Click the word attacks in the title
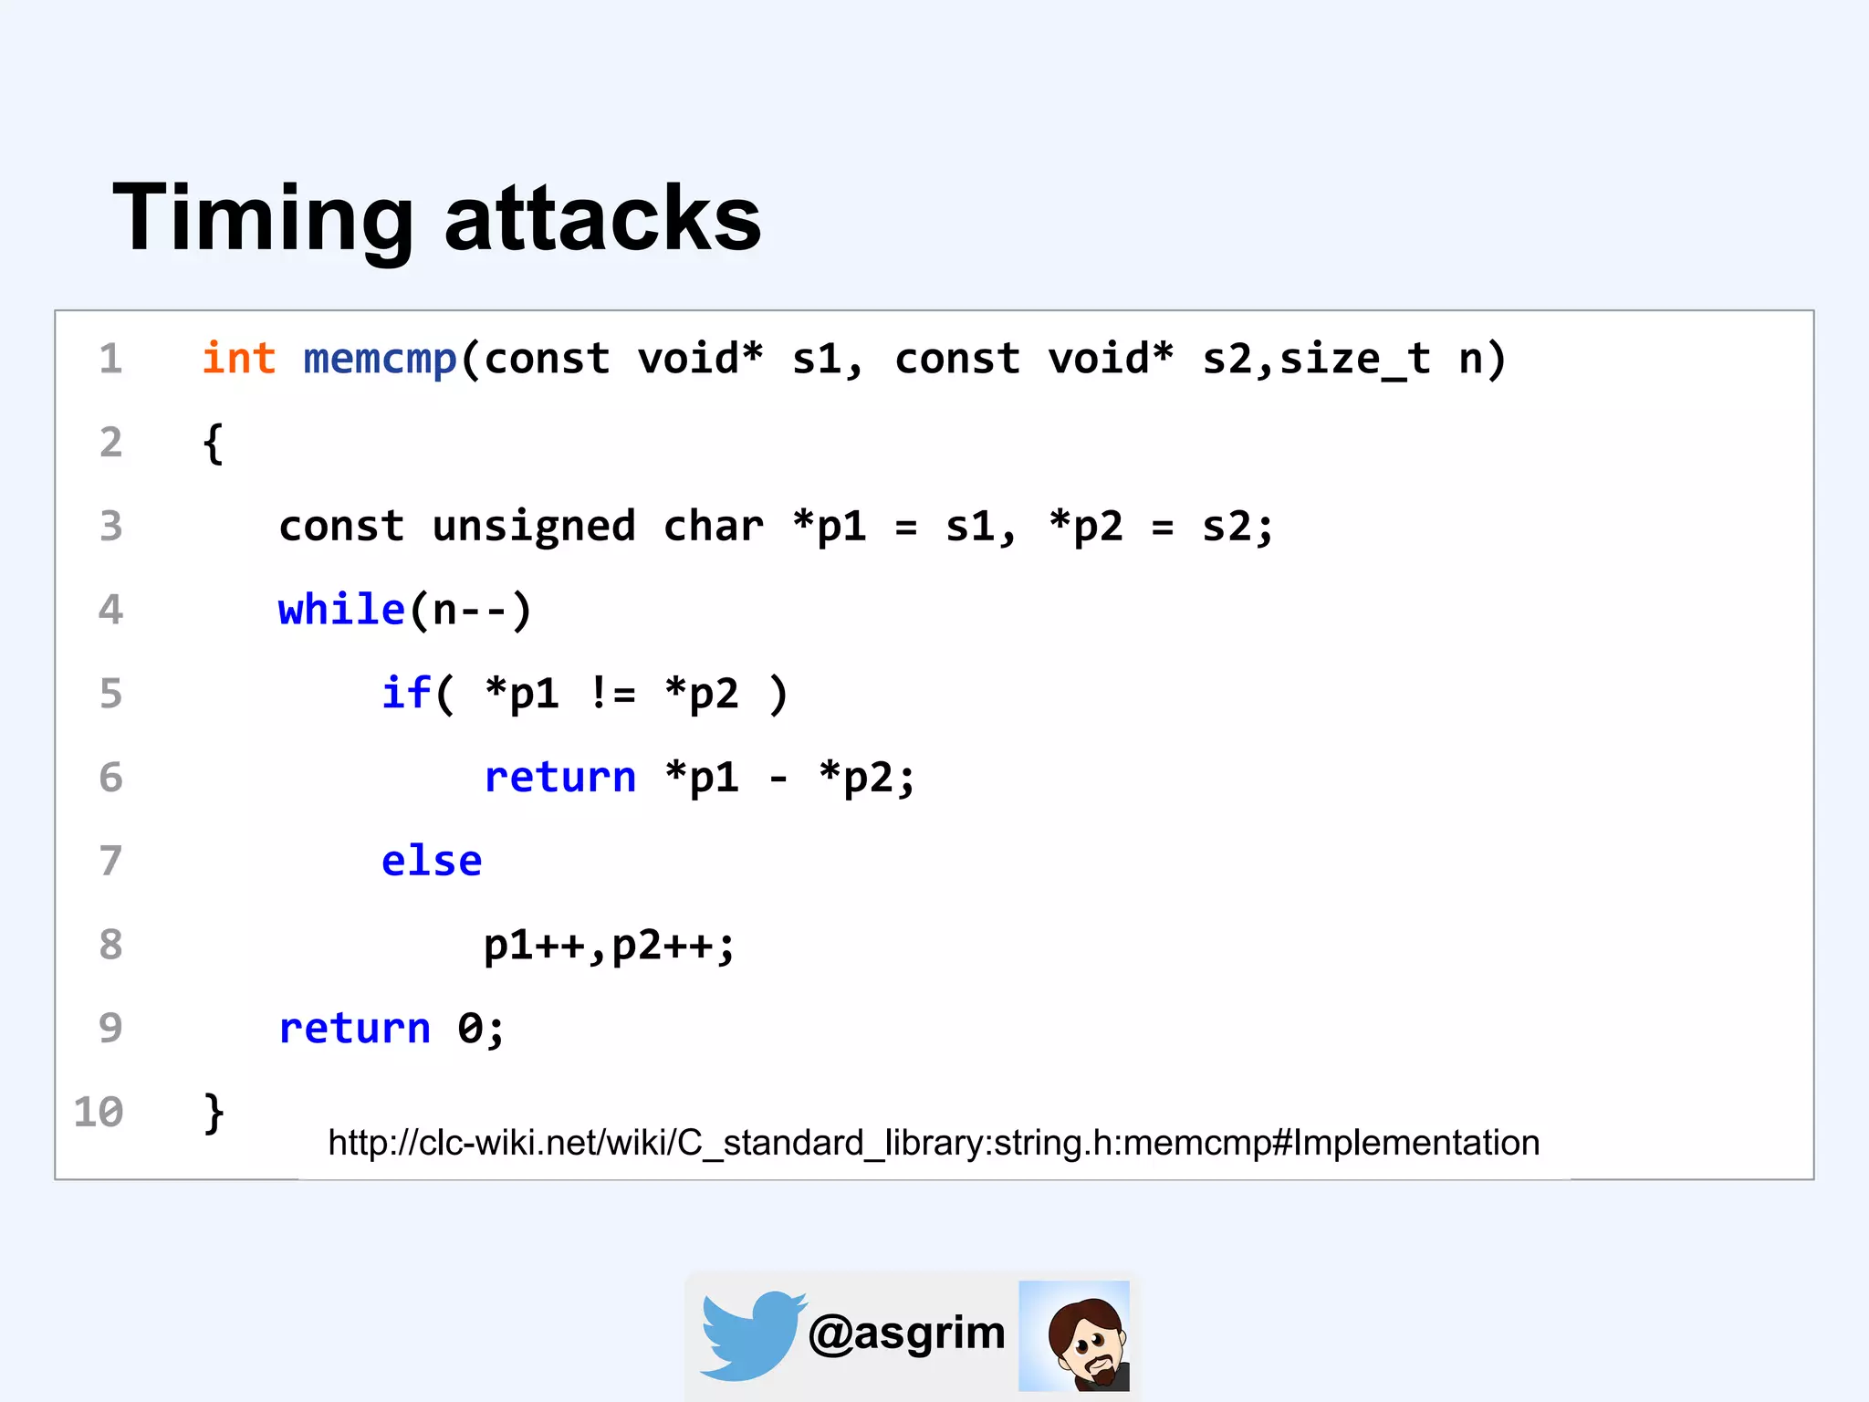602,219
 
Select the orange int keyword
238,358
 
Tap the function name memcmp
380,359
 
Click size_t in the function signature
1354,359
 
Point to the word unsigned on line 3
533,527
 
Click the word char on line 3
714,527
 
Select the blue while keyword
341,610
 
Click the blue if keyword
405,693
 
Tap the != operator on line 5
611,694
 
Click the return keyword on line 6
559,777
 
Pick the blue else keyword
431,861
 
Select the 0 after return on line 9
469,1029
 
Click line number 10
99,1112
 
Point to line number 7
110,861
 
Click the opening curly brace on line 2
213,444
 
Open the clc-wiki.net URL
934,1143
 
